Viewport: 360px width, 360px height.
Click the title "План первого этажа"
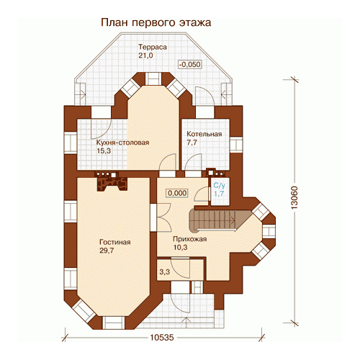[156, 22]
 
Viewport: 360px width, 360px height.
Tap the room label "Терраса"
[153, 47]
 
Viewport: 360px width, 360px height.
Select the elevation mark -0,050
[190, 64]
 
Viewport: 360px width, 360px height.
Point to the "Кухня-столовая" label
[122, 143]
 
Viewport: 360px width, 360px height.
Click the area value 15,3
[104, 150]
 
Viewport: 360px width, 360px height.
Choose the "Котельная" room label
[204, 134]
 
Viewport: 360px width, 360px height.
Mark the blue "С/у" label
[220, 185]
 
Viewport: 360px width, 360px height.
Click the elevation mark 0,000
[177, 193]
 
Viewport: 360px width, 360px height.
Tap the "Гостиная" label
[115, 242]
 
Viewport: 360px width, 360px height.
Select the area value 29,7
[107, 251]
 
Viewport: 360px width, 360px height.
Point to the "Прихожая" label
[190, 239]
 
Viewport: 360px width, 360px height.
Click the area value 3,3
[165, 272]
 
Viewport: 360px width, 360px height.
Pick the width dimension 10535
[162, 338]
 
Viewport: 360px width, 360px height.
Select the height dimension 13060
[294, 197]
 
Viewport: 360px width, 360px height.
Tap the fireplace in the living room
[112, 181]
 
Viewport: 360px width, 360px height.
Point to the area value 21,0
[145, 55]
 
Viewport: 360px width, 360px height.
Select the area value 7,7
[192, 143]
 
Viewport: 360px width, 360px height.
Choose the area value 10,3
[180, 247]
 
